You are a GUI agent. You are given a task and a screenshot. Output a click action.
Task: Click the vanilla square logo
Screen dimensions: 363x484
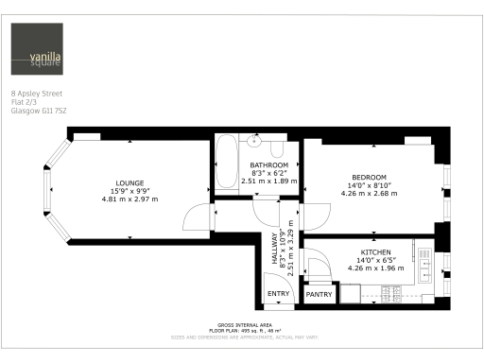[x=38, y=49]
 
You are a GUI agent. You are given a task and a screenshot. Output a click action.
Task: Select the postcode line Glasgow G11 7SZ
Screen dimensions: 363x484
[x=39, y=110]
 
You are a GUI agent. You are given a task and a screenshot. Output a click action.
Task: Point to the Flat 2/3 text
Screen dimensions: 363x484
[x=23, y=102]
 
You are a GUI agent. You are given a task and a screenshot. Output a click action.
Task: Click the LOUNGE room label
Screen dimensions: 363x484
[x=129, y=182]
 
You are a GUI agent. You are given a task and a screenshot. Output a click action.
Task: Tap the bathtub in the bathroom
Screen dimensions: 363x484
[x=227, y=163]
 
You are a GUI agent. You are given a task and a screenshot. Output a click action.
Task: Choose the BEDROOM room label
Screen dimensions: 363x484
[x=369, y=178]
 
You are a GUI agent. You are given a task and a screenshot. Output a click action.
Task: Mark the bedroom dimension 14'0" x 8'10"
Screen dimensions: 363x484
[x=369, y=185]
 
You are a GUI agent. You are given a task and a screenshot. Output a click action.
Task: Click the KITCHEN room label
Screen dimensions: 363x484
[x=375, y=252]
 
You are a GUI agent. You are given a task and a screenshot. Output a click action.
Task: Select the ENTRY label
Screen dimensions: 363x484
[x=278, y=294]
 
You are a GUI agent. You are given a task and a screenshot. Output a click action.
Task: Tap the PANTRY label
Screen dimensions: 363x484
[x=320, y=294]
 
